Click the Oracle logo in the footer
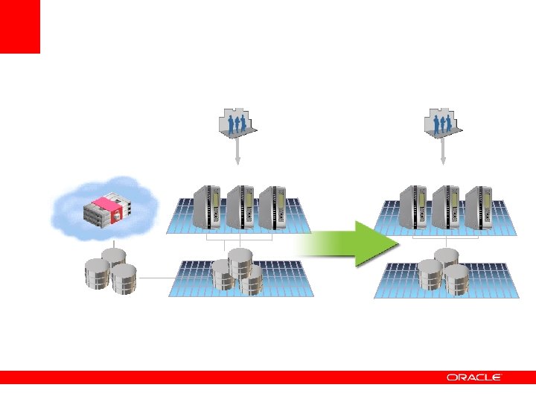point(475,377)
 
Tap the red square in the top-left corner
point(19,26)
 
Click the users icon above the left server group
point(237,123)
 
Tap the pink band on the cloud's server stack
point(109,204)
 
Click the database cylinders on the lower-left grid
point(237,270)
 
